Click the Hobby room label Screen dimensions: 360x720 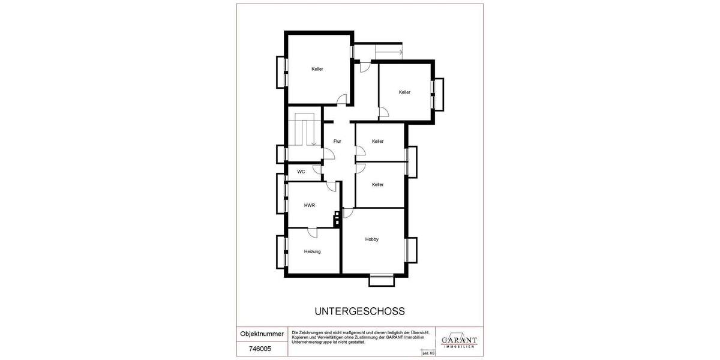point(372,239)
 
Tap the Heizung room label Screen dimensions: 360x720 point(312,251)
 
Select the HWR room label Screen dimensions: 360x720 point(310,205)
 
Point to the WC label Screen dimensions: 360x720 point(301,172)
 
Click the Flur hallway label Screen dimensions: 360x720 point(337,142)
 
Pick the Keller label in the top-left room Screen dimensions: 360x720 point(317,69)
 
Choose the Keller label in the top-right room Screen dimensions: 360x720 point(404,92)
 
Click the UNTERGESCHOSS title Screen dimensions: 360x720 point(360,311)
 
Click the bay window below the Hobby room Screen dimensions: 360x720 point(381,278)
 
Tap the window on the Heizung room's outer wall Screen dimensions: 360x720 point(280,252)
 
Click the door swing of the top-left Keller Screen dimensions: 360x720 point(342,101)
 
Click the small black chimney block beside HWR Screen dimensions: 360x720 point(338,217)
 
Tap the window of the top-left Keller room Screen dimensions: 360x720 point(281,71)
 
